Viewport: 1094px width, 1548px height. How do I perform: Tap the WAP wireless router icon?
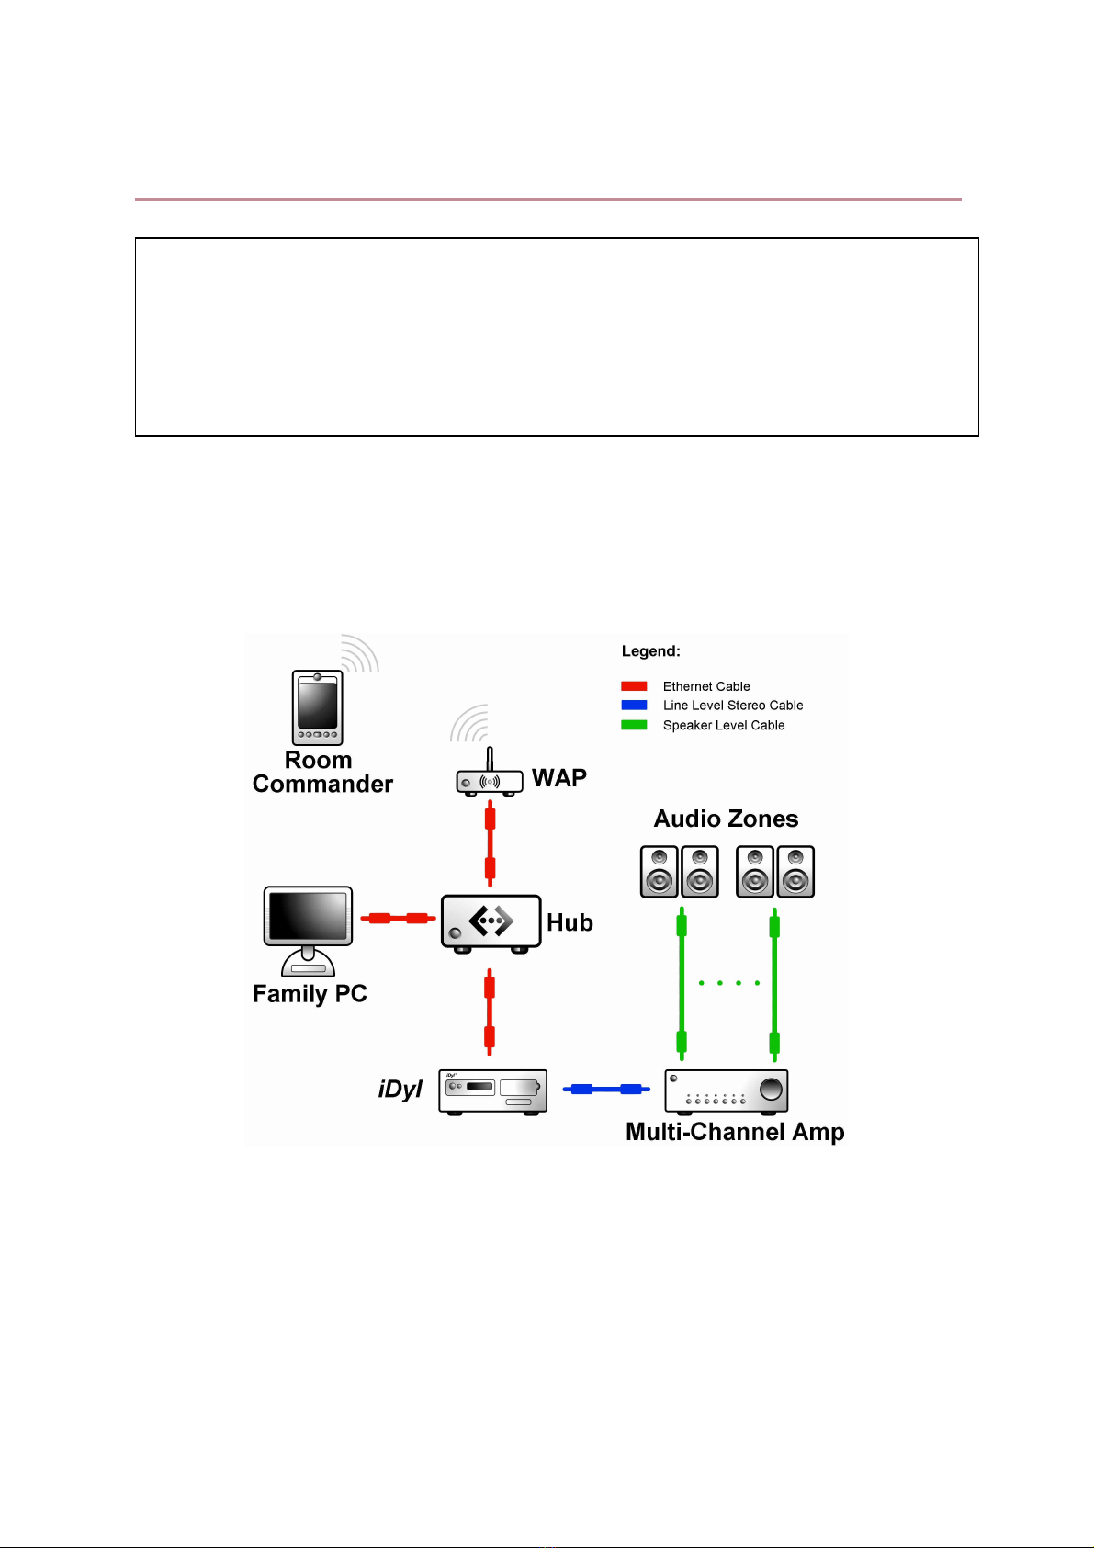(x=490, y=782)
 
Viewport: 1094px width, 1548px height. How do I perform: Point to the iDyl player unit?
(x=492, y=1091)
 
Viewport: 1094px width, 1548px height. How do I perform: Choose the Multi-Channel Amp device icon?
(x=726, y=1090)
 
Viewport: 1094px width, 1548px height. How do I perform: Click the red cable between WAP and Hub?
(x=490, y=842)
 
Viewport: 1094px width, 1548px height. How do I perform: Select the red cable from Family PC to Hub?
(x=398, y=918)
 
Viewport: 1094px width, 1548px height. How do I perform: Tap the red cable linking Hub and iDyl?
(x=490, y=1012)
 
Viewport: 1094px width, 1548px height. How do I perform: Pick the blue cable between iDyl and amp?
(x=605, y=1090)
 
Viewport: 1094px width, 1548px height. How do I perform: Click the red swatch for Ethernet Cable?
(x=634, y=686)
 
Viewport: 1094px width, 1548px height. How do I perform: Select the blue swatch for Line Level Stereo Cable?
(x=634, y=706)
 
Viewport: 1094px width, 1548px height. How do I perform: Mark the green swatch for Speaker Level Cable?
(x=634, y=725)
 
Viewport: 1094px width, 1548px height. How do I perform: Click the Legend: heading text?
(x=650, y=651)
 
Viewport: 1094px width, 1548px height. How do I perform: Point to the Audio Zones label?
(x=726, y=819)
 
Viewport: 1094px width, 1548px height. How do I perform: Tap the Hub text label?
(x=570, y=922)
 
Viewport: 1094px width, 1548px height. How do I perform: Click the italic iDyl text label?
(x=400, y=1090)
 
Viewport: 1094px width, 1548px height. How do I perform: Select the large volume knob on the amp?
(x=772, y=1089)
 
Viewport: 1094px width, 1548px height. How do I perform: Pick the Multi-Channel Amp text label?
(x=735, y=1132)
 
